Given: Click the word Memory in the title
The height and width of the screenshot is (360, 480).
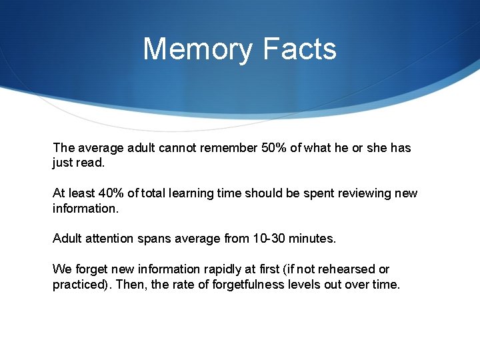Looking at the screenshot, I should pos(198,49).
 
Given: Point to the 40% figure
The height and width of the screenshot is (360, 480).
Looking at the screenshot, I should pos(110,193).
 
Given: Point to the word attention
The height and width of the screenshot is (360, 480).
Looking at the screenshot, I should pos(110,238).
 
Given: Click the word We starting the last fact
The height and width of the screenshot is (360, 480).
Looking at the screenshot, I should pos(61,269).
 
